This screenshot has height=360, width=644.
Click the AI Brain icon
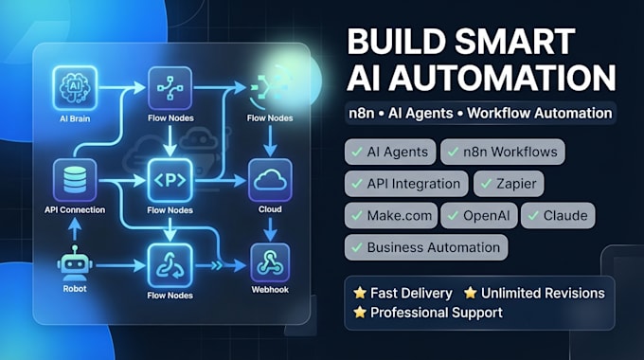pos(75,88)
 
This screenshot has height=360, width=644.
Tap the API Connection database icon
pos(75,180)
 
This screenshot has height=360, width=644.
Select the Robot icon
pos(74,264)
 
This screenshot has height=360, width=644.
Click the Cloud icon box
pos(270,180)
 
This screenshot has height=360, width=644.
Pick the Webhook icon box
pos(270,263)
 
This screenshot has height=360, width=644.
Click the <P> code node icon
pos(170,180)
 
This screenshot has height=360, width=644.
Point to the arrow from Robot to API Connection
pos(74,229)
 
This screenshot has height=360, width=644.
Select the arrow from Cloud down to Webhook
pos(270,229)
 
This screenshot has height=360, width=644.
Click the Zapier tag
pos(509,184)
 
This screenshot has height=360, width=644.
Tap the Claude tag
pos(558,215)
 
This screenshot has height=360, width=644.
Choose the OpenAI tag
pos(479,215)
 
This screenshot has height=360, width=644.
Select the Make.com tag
pos(391,215)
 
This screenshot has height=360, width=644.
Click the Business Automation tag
pos(426,247)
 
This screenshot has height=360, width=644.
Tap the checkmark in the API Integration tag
pos(357,183)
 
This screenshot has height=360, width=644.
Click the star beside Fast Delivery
pos(360,293)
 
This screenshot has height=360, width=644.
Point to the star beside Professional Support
pos(360,312)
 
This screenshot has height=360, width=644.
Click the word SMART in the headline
pos(515,42)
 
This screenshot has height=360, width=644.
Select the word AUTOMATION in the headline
pos(502,78)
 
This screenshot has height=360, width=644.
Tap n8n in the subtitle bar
pos(362,113)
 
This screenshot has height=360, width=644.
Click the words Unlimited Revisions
pos(543,293)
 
